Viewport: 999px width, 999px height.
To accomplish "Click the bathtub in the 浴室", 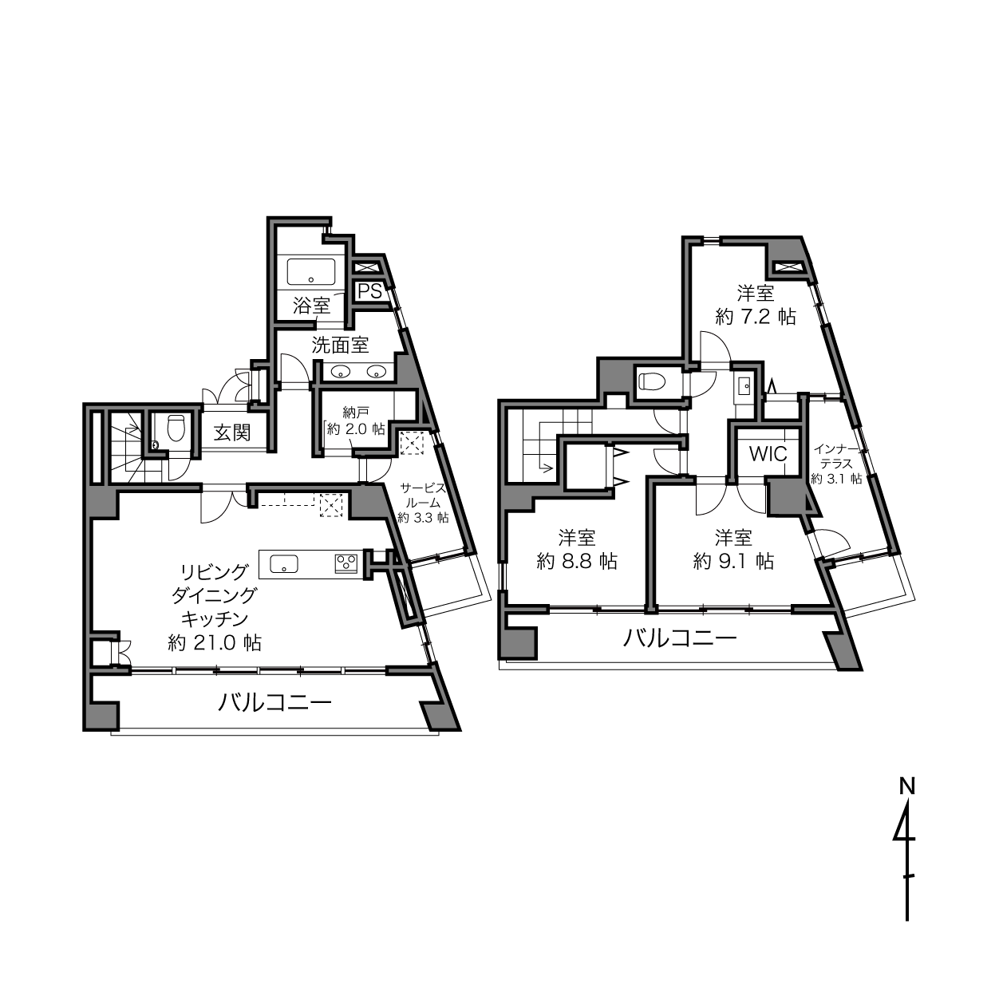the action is click(x=311, y=271).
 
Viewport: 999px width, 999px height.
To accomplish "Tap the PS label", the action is click(x=370, y=291).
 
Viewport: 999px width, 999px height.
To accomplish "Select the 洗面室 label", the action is click(x=340, y=346).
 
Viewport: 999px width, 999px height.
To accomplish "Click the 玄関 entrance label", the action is click(x=232, y=432).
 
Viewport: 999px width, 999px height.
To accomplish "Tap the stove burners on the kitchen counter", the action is click(x=346, y=563).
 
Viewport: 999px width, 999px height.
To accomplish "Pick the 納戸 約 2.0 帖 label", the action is click(x=356, y=421).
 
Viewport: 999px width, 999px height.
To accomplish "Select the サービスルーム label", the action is click(x=423, y=495).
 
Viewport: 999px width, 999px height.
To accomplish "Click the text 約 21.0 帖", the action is click(x=215, y=643).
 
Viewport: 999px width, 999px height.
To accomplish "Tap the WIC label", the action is click(x=768, y=454).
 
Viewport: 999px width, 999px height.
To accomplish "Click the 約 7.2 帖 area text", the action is click(x=756, y=316).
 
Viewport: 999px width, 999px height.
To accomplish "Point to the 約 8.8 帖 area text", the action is click(x=576, y=561).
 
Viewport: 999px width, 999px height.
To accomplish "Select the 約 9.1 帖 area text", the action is click(x=733, y=561).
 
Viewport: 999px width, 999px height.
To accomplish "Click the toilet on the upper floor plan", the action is click(x=651, y=382).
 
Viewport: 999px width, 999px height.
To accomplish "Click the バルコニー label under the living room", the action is click(x=274, y=702).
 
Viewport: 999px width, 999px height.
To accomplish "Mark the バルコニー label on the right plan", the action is click(x=680, y=638).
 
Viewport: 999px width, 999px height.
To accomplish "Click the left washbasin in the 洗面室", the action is click(x=340, y=371).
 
